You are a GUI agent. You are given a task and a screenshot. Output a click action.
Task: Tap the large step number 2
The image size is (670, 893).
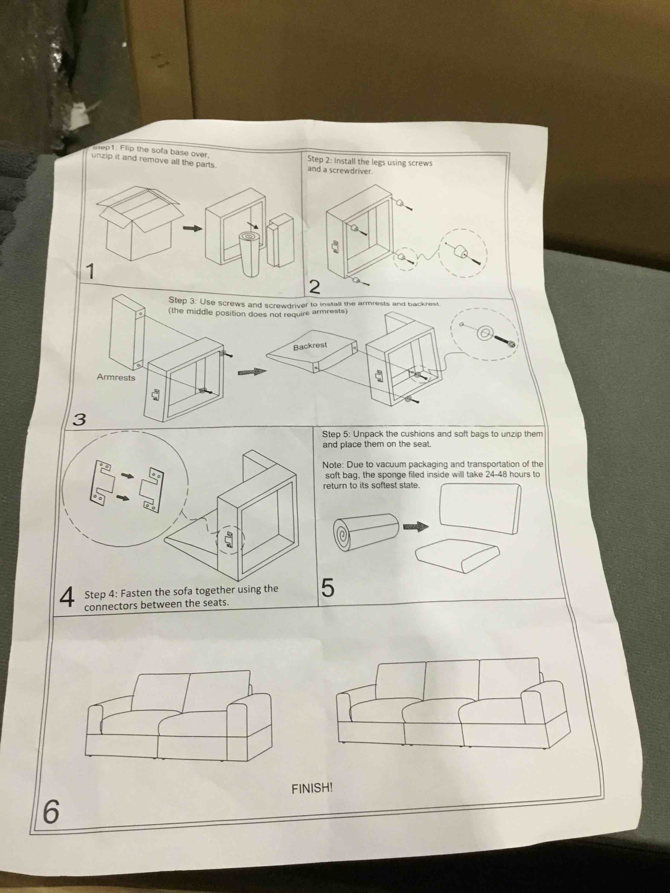tap(314, 287)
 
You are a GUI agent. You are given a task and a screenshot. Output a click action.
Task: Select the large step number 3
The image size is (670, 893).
tap(79, 420)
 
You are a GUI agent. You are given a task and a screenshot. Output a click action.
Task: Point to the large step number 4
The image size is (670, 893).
tap(67, 598)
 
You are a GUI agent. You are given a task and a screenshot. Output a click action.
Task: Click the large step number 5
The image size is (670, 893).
tap(328, 588)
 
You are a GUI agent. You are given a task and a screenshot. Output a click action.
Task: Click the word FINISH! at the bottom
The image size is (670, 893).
tap(312, 788)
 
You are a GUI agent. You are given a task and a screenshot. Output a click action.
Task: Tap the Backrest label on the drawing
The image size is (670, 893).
tap(310, 346)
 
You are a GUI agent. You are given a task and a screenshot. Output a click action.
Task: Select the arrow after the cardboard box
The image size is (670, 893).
tap(192, 228)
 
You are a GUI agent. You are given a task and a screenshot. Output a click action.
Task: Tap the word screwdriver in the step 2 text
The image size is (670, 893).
tap(350, 170)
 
